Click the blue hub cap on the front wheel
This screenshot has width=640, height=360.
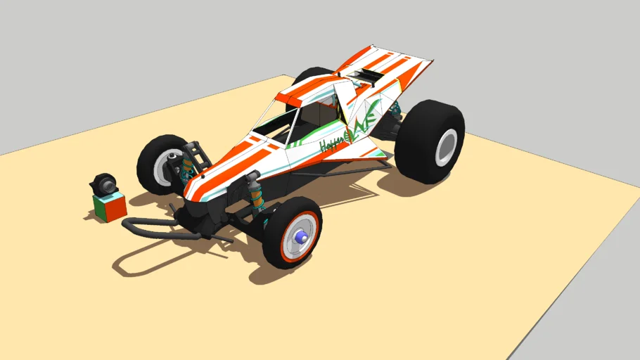click(302, 238)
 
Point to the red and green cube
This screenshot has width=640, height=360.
click(110, 207)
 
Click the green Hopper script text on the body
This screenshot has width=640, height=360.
click(331, 144)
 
